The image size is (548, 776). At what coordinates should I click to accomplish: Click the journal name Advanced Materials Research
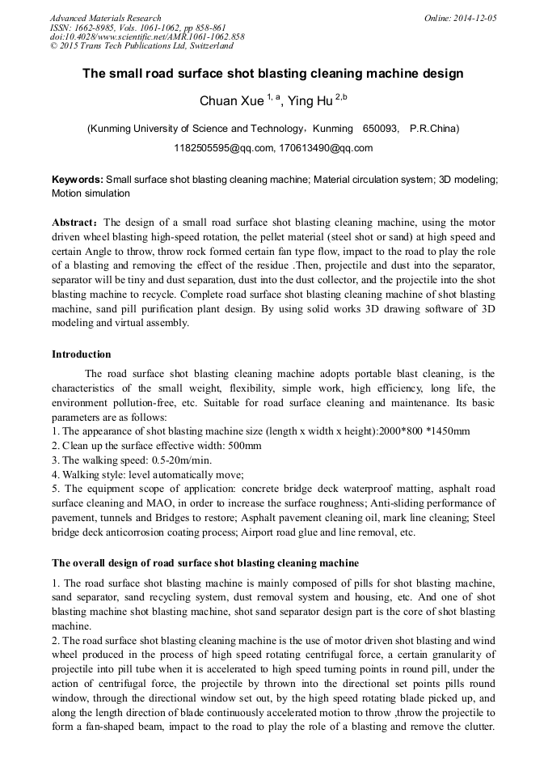pos(105,18)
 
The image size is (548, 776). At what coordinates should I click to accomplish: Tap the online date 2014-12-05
pos(474,18)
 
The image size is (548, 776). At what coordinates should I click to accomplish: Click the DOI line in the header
pos(147,37)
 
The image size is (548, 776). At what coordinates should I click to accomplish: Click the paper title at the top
pos(273,74)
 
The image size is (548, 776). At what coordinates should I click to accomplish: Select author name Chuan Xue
pos(232,101)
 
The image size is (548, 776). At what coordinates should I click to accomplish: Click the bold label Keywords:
pos(78,180)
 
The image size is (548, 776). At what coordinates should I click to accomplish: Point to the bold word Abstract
pos(74,223)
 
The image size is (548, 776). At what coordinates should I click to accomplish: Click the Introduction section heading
pos(81,354)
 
